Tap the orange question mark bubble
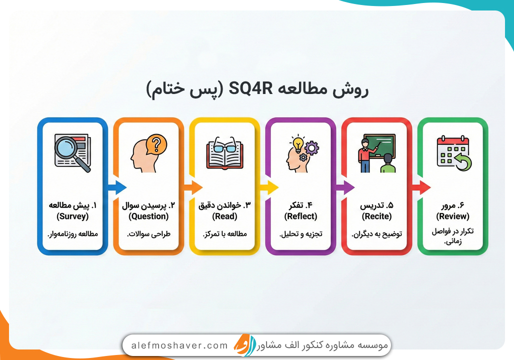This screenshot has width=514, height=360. click(x=156, y=143)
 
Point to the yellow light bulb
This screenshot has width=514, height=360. click(x=299, y=143)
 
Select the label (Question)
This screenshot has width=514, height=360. click(x=148, y=216)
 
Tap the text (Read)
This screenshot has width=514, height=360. click(x=224, y=216)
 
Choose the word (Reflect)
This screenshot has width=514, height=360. click(x=300, y=216)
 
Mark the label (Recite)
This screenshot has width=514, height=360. click(x=376, y=216)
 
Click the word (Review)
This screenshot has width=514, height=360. click(x=452, y=216)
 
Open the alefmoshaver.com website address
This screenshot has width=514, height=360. click(x=179, y=345)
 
